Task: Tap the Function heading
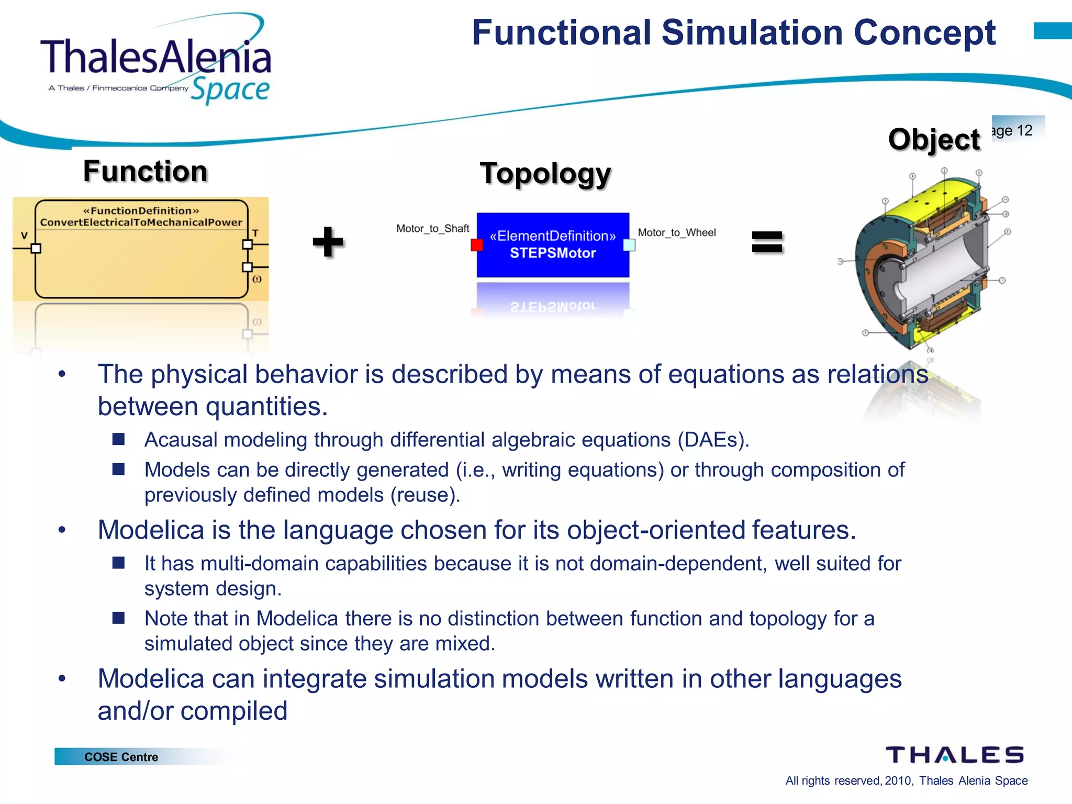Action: [146, 172]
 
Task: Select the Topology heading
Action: [545, 174]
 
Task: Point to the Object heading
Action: [934, 140]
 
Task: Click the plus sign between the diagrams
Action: [328, 242]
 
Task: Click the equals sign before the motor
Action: [767, 242]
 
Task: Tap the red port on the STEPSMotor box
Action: [477, 244]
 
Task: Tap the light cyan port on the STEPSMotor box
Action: [629, 244]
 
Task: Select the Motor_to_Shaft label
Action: [432, 229]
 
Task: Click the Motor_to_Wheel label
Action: [676, 232]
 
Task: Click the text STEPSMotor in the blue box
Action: [553, 253]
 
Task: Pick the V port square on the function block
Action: [36, 248]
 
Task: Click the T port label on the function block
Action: [255, 233]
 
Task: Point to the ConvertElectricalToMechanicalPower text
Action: [141, 222]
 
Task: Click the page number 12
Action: [1024, 130]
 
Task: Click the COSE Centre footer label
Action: [121, 757]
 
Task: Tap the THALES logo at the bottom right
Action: [954, 755]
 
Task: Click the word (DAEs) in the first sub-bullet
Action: [713, 440]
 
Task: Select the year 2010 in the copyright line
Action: [898, 781]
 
